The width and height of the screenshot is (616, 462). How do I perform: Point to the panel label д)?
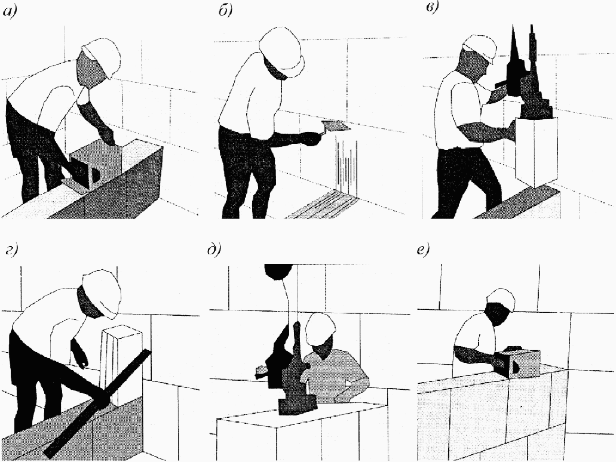tap(214, 250)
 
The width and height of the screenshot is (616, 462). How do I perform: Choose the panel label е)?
tap(424, 250)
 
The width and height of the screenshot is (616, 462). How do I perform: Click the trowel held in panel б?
tap(335, 127)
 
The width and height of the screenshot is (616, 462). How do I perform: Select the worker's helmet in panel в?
tap(481, 47)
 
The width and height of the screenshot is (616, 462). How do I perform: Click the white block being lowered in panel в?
tap(536, 152)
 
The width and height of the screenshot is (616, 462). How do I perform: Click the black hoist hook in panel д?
tap(278, 272)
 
